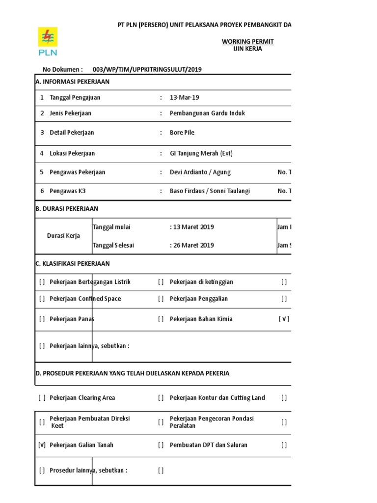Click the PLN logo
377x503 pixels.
click(x=48, y=42)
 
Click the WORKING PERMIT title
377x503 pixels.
click(x=247, y=42)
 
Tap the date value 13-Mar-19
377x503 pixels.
click(x=184, y=97)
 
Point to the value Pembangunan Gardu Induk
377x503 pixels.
click(x=207, y=113)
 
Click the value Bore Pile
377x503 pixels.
click(x=182, y=133)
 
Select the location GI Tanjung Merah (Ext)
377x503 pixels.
click(x=201, y=153)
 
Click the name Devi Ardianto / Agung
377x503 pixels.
click(x=200, y=172)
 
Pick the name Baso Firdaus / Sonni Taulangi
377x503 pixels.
click(x=210, y=191)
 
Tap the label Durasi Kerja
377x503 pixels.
click(x=63, y=236)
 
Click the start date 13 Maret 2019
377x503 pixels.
click(x=193, y=227)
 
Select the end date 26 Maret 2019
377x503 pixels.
click(x=193, y=245)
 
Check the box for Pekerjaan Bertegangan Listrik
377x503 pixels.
click(x=42, y=282)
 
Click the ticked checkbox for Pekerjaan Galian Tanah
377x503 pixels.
click(x=42, y=445)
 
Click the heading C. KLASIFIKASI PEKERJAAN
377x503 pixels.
click(x=73, y=264)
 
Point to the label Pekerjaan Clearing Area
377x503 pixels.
click(x=82, y=398)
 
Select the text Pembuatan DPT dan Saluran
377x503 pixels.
click(x=209, y=445)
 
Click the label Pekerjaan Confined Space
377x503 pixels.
click(x=85, y=299)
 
